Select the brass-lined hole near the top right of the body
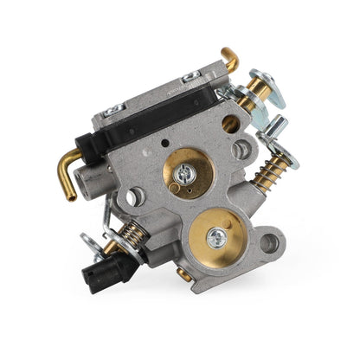tap(230, 124)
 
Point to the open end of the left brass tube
tap(69, 194)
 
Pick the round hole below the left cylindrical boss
tap(132, 196)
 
